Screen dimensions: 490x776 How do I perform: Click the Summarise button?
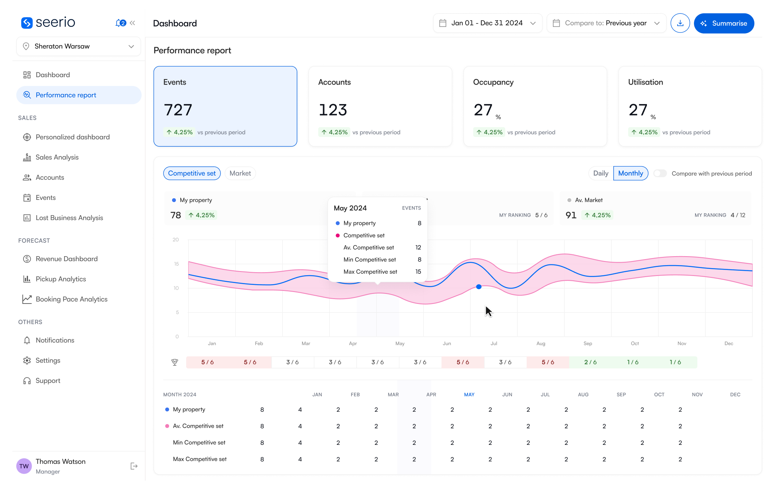tap(723, 23)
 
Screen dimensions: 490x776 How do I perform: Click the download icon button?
tap(680, 23)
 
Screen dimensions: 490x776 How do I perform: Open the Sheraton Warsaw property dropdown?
tap(78, 46)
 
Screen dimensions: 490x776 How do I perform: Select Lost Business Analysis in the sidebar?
tap(69, 218)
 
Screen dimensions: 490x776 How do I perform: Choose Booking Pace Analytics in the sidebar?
tap(71, 299)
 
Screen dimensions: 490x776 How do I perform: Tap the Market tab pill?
tap(240, 173)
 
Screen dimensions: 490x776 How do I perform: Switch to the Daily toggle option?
tap(600, 173)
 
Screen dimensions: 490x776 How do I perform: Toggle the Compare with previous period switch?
tap(660, 173)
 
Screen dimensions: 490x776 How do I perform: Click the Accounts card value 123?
tap(332, 110)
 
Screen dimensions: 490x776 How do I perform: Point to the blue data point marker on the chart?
tap(479, 287)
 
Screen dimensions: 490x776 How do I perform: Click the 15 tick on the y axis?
tap(176, 264)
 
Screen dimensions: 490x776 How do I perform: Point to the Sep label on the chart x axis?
tap(588, 343)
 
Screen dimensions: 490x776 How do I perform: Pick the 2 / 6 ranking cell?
tap(590, 362)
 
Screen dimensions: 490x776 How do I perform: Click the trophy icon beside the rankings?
tap(175, 362)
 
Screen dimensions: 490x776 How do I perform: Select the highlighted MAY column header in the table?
tap(469, 395)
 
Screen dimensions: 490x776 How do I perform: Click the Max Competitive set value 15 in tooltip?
tap(418, 272)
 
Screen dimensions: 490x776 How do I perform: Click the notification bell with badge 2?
tap(120, 23)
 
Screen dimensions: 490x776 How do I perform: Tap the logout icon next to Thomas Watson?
tap(134, 466)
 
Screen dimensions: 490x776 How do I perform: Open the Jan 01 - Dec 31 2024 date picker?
tap(487, 23)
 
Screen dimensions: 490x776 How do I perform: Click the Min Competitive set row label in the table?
tap(199, 443)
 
